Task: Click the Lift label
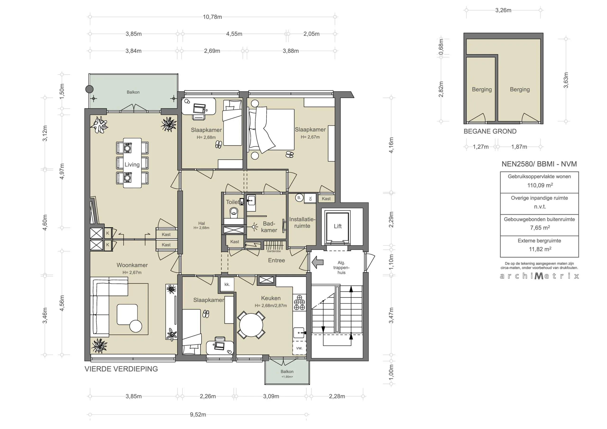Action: click(x=337, y=226)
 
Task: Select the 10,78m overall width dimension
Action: click(x=212, y=17)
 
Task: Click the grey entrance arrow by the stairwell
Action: click(x=318, y=262)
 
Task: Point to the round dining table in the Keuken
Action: click(x=251, y=325)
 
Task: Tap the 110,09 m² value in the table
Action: click(x=540, y=185)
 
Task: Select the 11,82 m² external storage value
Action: click(x=540, y=249)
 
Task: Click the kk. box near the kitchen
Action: click(x=227, y=285)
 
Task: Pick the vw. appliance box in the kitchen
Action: click(x=299, y=348)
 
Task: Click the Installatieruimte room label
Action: click(x=302, y=222)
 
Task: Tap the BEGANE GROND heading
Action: click(x=490, y=131)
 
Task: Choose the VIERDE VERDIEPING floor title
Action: click(x=121, y=369)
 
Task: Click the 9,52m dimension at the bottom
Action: click(x=198, y=415)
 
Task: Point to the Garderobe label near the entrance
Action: click(x=274, y=251)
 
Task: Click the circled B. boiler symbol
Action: click(x=299, y=198)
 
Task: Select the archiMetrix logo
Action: click(x=539, y=276)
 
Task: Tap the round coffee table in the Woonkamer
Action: click(x=136, y=326)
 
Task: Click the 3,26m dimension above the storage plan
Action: click(x=503, y=10)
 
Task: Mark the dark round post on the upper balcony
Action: click(x=90, y=89)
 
